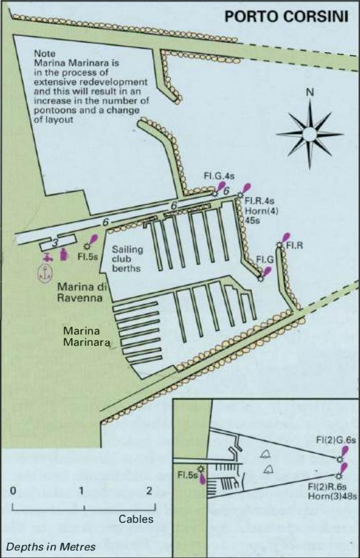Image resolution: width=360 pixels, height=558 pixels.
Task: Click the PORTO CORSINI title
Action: coord(287,16)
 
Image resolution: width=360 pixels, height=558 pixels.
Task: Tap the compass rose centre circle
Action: coord(310,133)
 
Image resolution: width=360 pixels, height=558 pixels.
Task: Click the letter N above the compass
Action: coord(310,92)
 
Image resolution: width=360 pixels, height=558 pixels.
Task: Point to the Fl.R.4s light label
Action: coord(259,201)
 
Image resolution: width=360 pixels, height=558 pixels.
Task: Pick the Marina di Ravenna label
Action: coord(82,292)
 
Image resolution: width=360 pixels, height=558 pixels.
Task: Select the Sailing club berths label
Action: coord(127,259)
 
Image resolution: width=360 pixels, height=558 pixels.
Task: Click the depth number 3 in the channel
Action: coord(55,244)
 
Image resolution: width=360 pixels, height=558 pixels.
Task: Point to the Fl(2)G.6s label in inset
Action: coord(336,440)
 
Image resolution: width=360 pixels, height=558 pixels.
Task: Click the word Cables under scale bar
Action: coord(136,519)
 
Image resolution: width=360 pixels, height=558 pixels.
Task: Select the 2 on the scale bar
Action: coord(149,491)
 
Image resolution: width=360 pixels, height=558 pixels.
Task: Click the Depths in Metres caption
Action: coord(51,547)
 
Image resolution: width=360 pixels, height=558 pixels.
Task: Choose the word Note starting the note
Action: coord(45,54)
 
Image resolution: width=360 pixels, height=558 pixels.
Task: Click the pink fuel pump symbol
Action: coord(64,255)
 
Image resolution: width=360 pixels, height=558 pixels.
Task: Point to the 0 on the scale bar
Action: coord(13,491)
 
